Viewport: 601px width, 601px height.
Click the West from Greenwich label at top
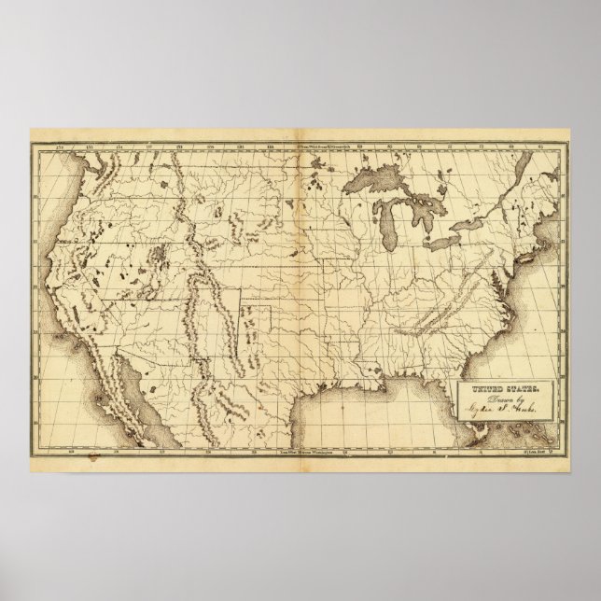pyautogui.click(x=321, y=147)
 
